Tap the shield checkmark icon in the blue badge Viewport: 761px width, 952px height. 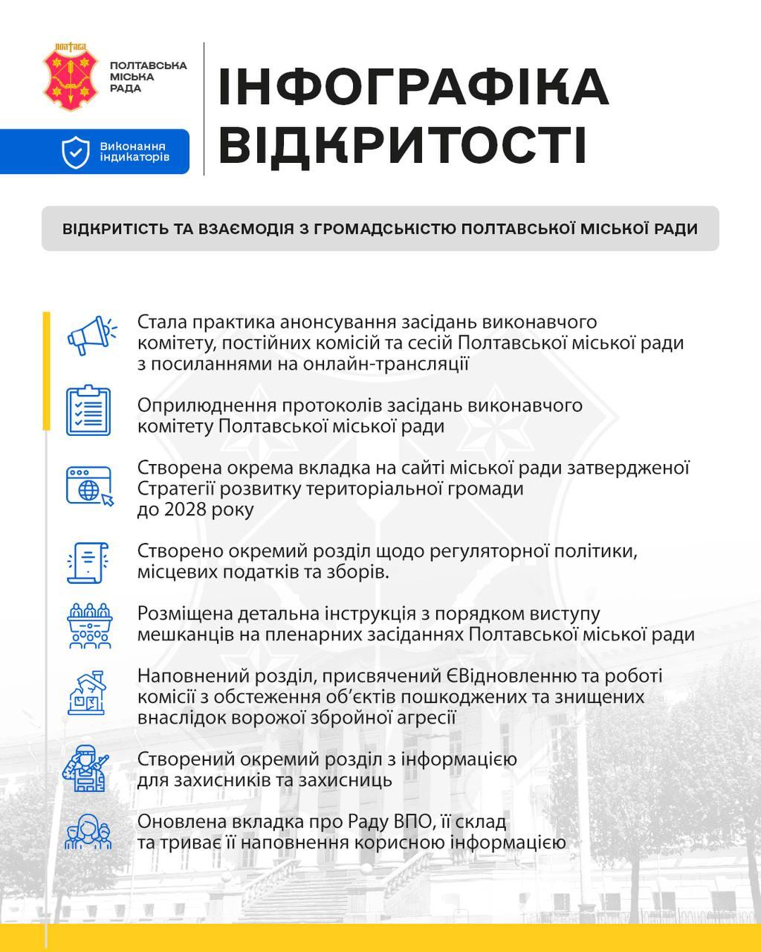click(76, 152)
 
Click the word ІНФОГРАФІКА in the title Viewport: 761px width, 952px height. click(413, 86)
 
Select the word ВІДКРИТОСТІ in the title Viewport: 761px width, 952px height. click(403, 144)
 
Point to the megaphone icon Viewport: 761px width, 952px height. click(90, 337)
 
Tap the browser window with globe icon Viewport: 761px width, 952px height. click(89, 486)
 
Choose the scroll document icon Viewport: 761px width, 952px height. click(88, 562)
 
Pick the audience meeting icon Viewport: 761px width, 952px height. click(88, 625)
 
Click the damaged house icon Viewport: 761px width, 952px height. click(88, 693)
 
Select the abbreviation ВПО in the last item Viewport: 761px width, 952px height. click(426, 823)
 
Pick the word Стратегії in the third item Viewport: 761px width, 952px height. click(171, 489)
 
